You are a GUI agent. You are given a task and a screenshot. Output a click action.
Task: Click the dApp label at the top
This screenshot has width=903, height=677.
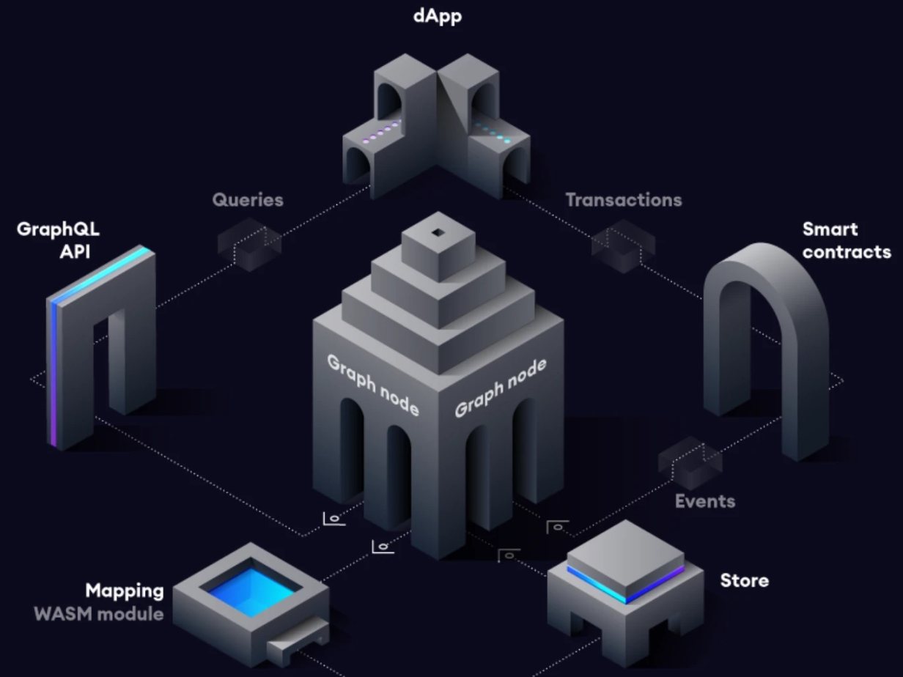click(438, 15)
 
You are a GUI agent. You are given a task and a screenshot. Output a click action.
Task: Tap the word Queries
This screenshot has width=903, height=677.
click(248, 199)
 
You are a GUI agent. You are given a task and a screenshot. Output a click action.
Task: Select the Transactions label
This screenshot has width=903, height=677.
click(623, 199)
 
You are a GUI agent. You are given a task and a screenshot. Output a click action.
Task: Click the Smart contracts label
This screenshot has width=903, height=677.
click(847, 240)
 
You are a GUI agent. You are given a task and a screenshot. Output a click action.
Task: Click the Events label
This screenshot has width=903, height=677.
click(704, 501)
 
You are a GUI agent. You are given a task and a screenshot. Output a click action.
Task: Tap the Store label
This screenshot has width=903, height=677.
click(744, 580)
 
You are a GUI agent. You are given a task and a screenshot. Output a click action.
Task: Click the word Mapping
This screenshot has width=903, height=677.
click(125, 591)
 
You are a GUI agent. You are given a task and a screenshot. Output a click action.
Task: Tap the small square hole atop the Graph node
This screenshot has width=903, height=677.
click(438, 233)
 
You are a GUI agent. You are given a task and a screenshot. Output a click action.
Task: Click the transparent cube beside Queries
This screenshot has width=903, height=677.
click(249, 242)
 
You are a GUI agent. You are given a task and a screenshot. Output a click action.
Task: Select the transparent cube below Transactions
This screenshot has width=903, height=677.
click(623, 243)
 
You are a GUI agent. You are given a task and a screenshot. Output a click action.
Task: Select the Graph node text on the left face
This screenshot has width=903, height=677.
click(372, 384)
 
